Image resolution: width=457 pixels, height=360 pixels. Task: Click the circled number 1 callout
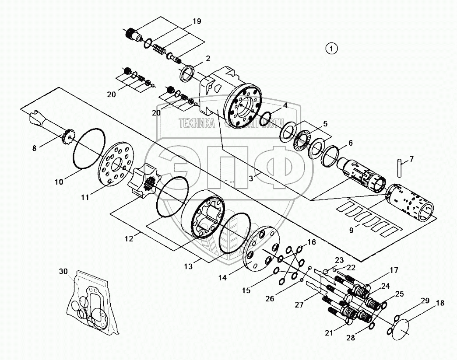[x=331, y=49]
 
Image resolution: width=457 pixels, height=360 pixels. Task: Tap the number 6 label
[x=350, y=143]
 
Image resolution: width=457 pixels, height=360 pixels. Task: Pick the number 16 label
[x=311, y=242]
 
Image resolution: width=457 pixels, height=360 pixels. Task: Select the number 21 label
[x=329, y=333]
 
